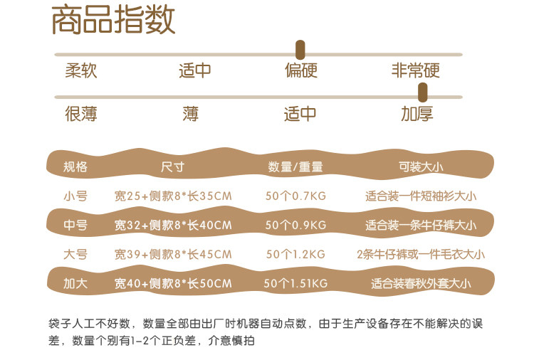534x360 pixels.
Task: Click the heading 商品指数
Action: click(113, 21)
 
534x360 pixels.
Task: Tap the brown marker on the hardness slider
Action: click(300, 49)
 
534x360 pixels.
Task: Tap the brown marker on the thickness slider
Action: click(422, 91)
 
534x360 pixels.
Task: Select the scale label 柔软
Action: click(80, 71)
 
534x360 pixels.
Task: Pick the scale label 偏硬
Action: click(300, 71)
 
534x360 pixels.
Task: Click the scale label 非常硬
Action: click(415, 71)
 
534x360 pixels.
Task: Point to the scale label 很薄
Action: click(80, 114)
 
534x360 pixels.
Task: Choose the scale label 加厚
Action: click(417, 114)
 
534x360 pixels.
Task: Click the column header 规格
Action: click(75, 167)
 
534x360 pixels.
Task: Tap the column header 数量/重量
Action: click(295, 167)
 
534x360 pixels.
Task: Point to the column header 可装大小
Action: click(421, 167)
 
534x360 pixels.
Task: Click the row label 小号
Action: click(75, 196)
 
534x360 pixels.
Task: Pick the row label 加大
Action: click(75, 283)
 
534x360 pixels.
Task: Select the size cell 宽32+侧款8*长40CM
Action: click(173, 226)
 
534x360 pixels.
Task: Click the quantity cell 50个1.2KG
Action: click(295, 254)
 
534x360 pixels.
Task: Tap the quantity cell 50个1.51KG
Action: click(295, 283)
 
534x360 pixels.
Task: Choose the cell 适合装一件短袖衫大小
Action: click(421, 196)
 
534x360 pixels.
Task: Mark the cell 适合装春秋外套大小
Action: click(421, 283)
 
